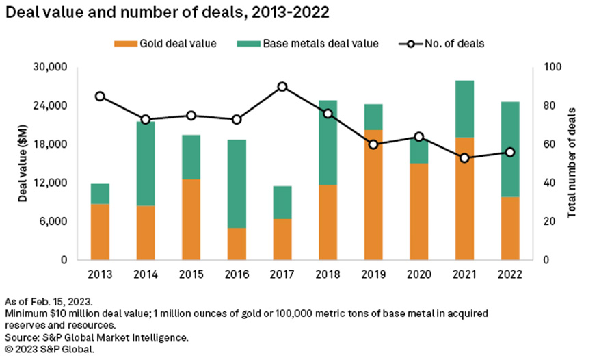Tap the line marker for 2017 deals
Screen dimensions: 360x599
(282, 87)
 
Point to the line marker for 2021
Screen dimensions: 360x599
(464, 158)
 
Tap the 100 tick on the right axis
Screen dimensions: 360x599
(551, 68)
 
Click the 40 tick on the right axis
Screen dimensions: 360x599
(549, 183)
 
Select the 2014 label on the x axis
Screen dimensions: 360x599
(146, 274)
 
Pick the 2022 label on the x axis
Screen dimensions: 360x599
(510, 274)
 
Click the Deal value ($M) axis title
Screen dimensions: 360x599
(23, 164)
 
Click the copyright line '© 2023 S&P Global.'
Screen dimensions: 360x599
(50, 349)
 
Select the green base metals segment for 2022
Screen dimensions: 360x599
(510, 149)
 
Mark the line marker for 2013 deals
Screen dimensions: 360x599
(100, 97)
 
